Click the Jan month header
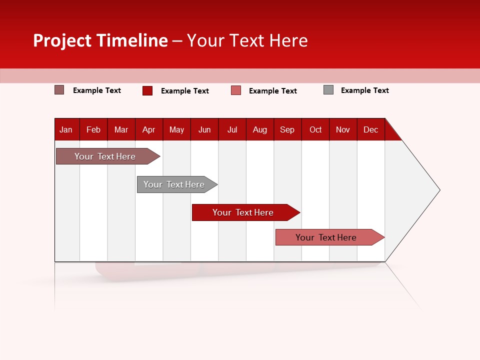point(66,130)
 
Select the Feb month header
point(93,130)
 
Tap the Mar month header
point(121,130)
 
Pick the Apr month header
point(149,130)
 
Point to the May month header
point(176,130)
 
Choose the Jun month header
point(204,130)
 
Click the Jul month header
point(232,130)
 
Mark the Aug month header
point(260,130)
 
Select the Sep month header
point(287,130)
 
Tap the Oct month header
point(315,130)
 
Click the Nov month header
point(343,130)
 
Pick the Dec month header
point(370,130)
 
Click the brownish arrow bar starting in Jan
point(105,156)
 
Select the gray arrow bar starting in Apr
point(174,184)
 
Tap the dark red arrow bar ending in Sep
point(243,212)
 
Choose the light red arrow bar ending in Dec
point(326,237)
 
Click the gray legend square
point(328,90)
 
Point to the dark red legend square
point(147,90)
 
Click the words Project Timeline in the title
point(100,40)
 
